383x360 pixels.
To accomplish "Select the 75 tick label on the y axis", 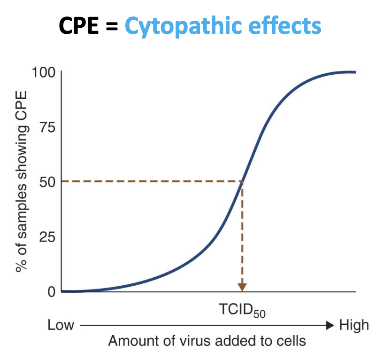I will (47, 127).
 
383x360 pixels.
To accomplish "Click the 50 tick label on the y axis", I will (47, 182).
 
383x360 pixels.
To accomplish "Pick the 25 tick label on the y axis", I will (47, 237).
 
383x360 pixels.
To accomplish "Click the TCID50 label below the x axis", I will (242, 310).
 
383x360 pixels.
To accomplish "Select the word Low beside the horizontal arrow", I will (61, 325).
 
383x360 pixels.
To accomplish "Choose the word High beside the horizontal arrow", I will (354, 325).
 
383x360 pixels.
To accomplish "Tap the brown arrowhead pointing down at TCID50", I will (242, 286).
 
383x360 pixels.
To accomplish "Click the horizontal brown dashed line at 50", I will (150, 181).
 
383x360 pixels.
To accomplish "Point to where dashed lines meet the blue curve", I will (242, 181).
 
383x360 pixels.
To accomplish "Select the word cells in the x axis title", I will (290, 341).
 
